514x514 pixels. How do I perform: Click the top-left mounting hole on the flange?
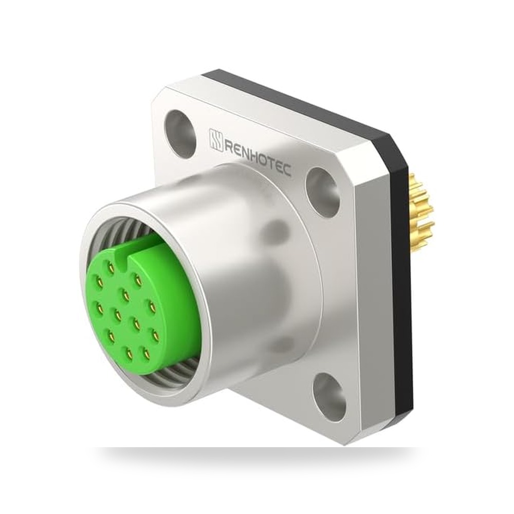click(x=180, y=134)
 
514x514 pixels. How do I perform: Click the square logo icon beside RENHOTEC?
click(x=216, y=140)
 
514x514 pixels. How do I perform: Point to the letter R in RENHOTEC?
click(x=229, y=145)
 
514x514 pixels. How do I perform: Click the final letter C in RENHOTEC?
click(x=286, y=170)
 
